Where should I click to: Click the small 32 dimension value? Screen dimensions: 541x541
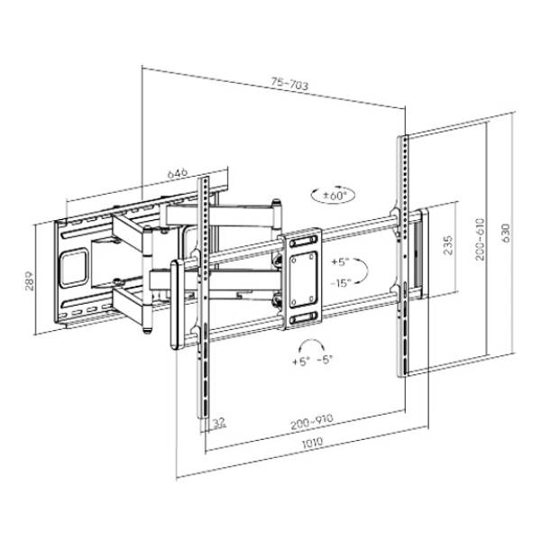[x=218, y=421]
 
